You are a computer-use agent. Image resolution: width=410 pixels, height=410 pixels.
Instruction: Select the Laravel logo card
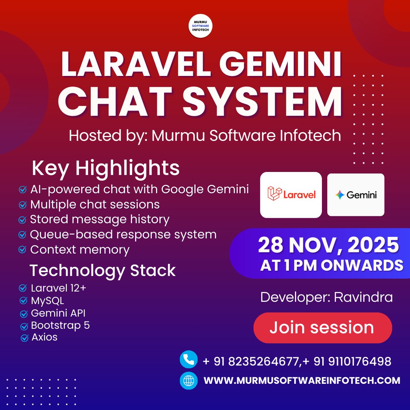(291, 195)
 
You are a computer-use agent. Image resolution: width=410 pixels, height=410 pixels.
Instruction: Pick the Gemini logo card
(356, 195)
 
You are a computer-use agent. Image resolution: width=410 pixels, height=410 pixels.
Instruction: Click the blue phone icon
(189, 360)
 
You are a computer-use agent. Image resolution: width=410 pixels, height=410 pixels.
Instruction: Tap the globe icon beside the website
(189, 380)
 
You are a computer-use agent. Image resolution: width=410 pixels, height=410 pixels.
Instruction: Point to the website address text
(302, 380)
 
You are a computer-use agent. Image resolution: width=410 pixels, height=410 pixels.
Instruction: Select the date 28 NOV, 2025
(328, 246)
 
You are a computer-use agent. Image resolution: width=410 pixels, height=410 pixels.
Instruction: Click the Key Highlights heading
(106, 168)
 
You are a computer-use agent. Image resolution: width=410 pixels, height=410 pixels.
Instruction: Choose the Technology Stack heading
(102, 270)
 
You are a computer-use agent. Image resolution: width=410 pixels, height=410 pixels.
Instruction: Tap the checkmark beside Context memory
(23, 250)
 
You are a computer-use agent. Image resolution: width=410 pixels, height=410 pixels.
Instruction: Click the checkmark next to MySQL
(23, 301)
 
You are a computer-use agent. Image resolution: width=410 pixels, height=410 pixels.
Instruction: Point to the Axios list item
(44, 337)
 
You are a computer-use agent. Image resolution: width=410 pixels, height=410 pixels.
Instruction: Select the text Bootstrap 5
(60, 325)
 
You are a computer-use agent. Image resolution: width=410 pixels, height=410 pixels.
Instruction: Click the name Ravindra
(363, 297)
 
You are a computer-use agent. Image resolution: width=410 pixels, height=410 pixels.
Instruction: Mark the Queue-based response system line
(123, 235)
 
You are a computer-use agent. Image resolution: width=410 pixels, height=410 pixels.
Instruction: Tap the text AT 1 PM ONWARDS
(331, 265)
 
